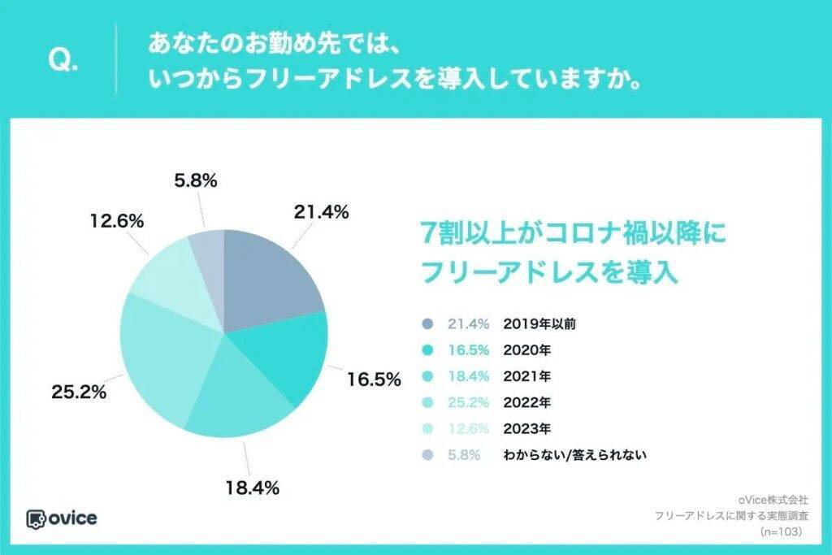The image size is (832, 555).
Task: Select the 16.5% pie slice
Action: click(284, 358)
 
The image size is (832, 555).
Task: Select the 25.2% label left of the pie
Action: click(80, 393)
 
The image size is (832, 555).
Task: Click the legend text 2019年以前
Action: click(540, 323)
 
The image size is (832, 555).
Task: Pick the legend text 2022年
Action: click(527, 401)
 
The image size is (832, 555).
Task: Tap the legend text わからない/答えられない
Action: click(574, 454)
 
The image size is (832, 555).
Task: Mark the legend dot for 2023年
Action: click(427, 428)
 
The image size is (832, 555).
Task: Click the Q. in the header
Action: click(64, 62)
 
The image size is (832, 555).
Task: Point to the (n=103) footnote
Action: click(781, 531)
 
